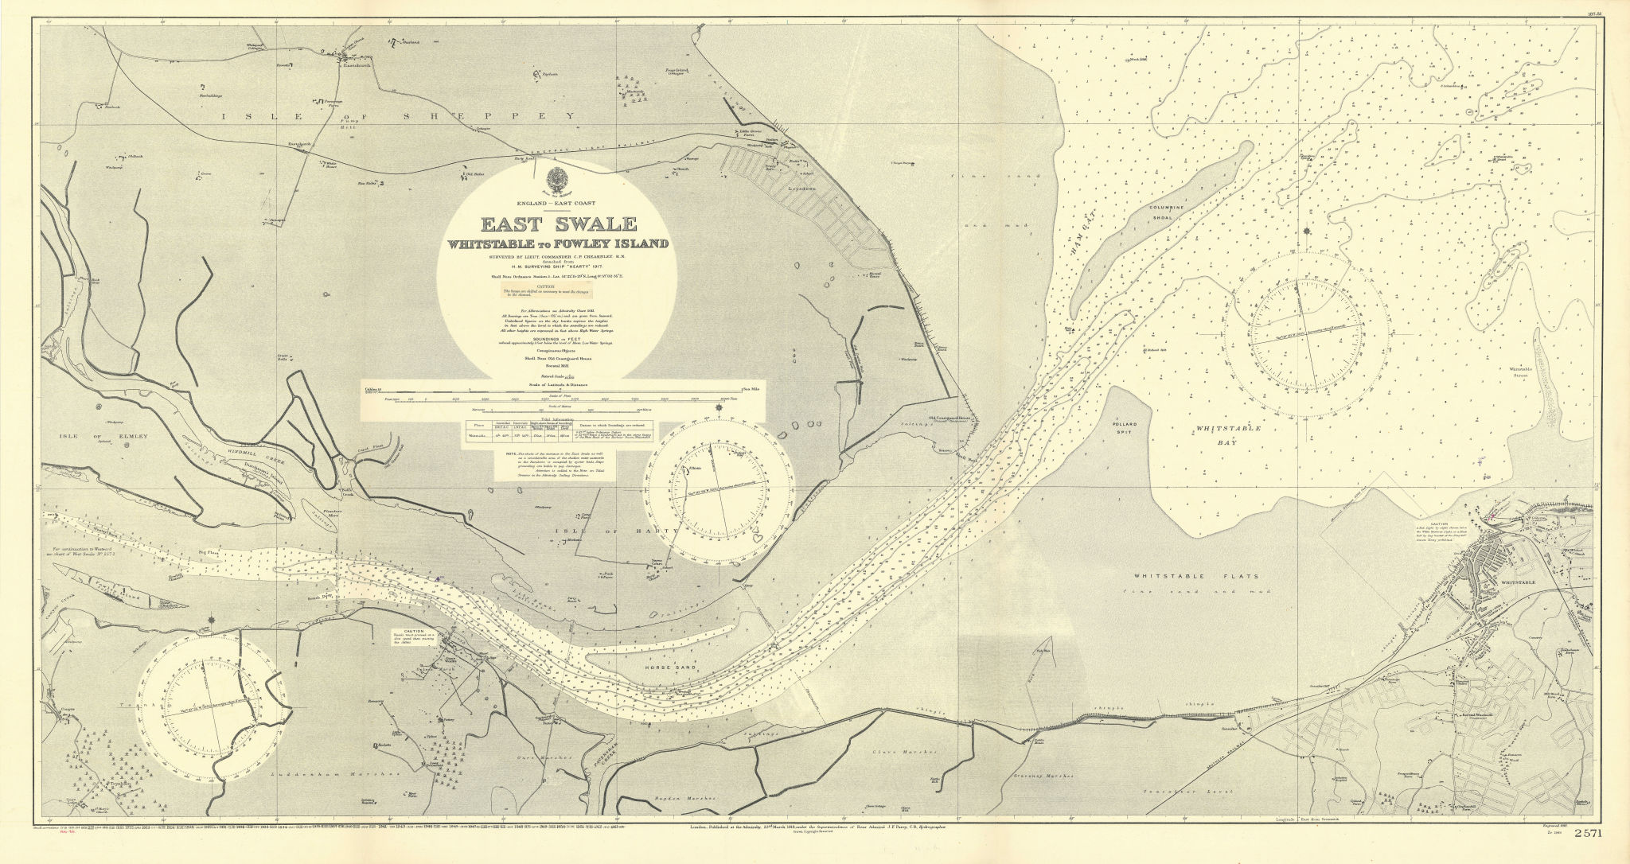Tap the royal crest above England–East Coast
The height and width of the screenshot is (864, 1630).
pos(557,178)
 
